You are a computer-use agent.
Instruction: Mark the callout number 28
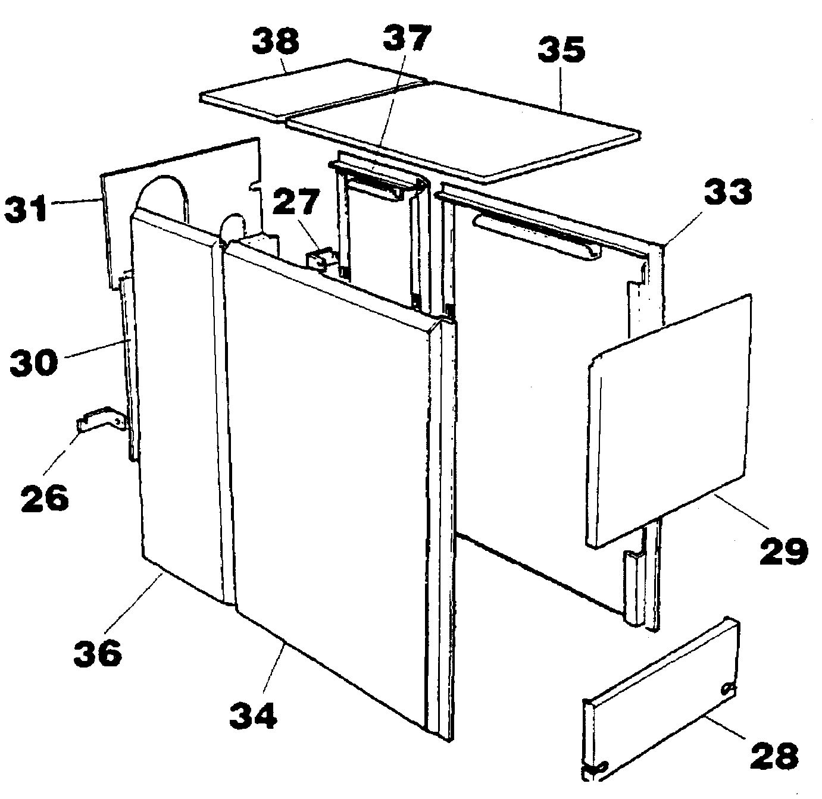[x=774, y=756]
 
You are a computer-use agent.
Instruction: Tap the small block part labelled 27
[x=321, y=260]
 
